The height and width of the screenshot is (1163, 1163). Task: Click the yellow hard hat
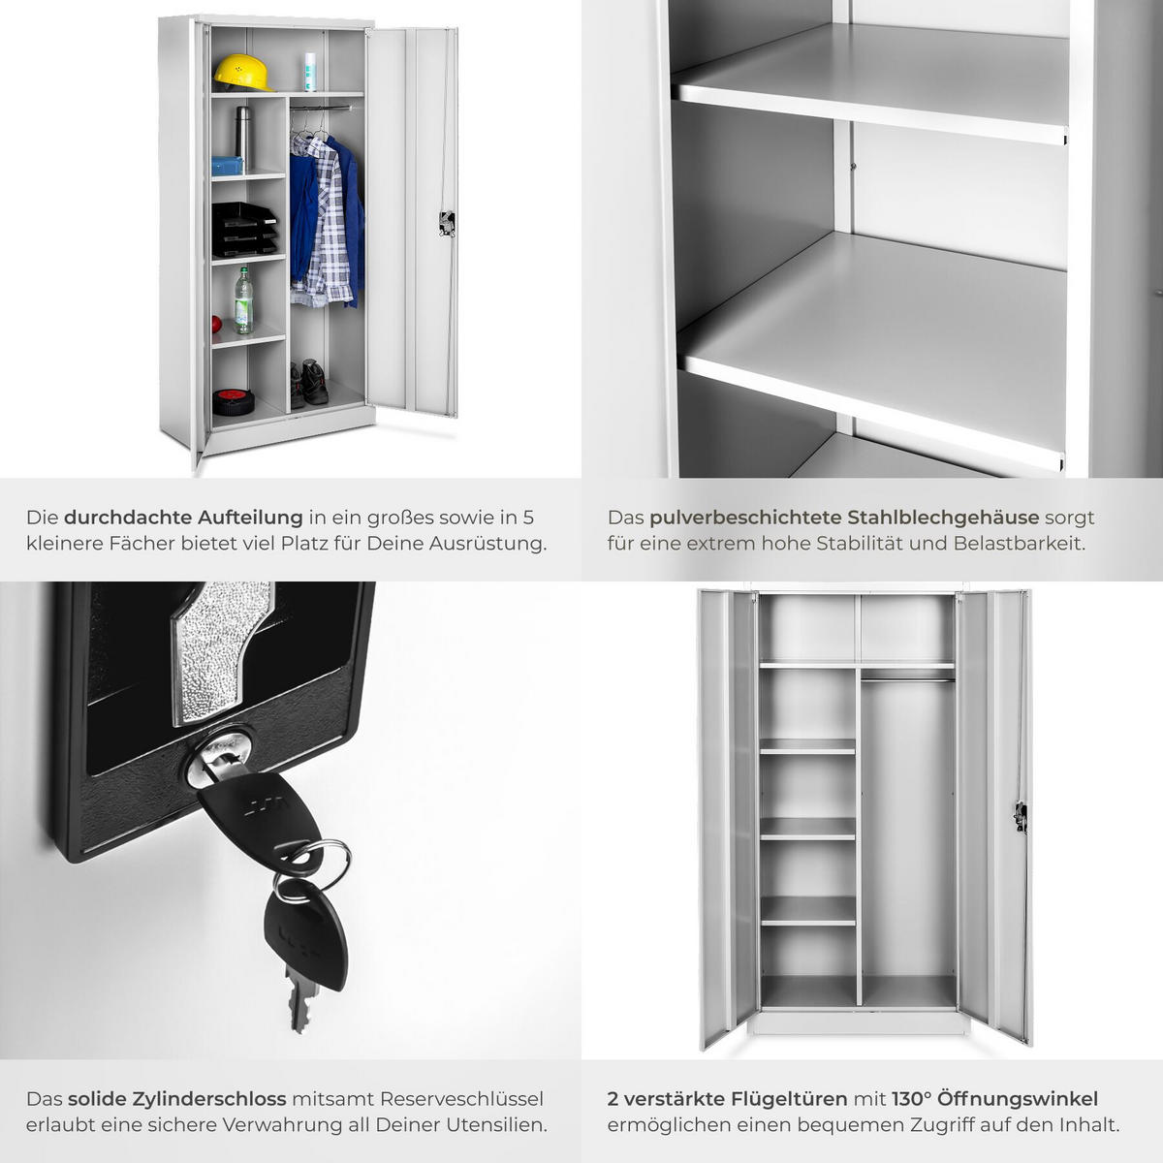coord(240,73)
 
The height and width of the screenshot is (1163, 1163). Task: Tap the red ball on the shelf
coord(215,324)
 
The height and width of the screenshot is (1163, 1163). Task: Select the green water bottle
coord(243,301)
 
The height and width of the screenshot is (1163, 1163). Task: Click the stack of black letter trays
coord(244,230)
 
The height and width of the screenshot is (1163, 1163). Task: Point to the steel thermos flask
coord(242,134)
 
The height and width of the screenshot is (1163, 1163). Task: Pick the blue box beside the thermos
coord(228,166)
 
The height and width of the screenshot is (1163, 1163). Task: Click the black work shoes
coord(309,383)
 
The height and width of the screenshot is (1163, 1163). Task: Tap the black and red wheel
coord(233,402)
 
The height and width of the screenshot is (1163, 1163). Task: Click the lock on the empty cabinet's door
coord(1021,817)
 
